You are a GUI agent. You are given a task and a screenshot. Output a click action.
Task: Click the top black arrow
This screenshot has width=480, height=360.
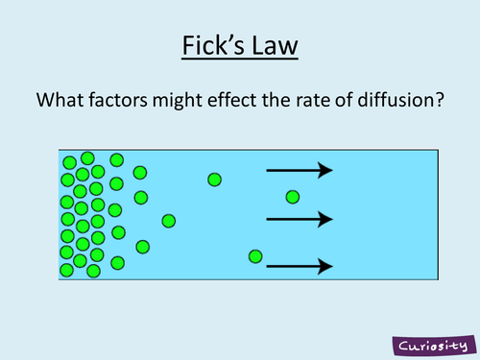299,171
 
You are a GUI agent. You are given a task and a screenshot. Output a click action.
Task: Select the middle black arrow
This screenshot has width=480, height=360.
299,220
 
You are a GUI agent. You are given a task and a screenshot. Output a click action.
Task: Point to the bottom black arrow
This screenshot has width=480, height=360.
299,265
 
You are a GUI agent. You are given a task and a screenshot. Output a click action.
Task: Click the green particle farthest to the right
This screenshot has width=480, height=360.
292,197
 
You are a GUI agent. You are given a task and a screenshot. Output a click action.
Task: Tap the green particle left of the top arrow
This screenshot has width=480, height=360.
214,180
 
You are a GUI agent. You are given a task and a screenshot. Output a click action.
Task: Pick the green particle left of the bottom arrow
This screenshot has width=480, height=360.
254,255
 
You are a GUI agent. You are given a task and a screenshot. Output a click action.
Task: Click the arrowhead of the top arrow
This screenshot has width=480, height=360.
326,171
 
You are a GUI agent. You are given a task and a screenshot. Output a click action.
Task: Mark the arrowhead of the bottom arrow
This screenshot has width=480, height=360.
326,265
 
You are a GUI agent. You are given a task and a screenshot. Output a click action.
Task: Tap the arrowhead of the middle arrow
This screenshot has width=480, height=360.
326,220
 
